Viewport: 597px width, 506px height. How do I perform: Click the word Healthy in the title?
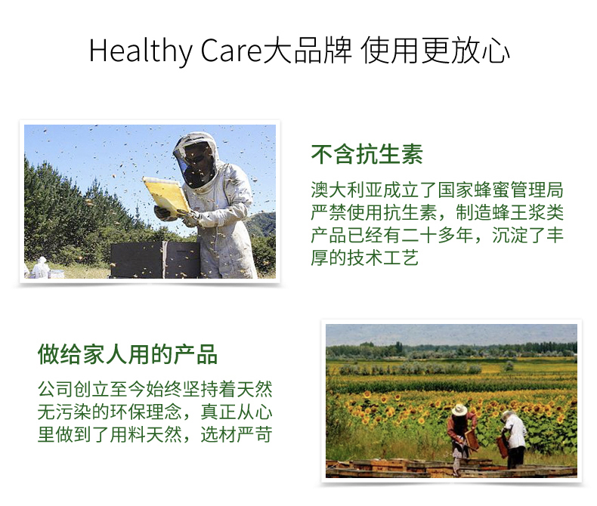[x=141, y=51]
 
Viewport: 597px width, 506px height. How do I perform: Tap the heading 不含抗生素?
[x=367, y=155]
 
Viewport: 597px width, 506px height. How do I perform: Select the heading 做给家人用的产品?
[x=128, y=354]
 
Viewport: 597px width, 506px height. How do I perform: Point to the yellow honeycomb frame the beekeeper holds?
[x=166, y=195]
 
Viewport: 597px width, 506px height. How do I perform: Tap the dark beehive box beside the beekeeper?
[x=155, y=260]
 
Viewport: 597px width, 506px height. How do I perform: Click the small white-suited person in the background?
[x=40, y=268]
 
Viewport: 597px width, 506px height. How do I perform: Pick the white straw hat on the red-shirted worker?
[x=459, y=410]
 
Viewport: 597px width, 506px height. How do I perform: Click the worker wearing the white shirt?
[x=513, y=438]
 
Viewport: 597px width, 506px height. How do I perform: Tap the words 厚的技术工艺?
[x=365, y=258]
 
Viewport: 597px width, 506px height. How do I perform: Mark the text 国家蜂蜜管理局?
[x=500, y=190]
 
